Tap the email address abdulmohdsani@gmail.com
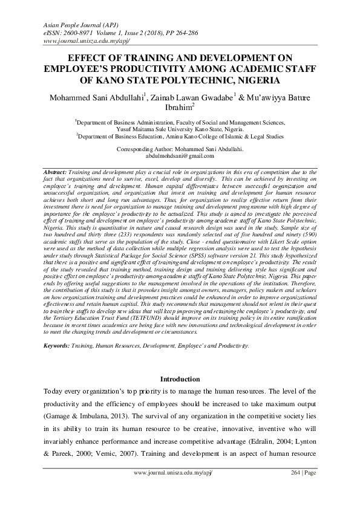pyautogui.click(x=180, y=155)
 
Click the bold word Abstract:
pyautogui.click(x=56, y=172)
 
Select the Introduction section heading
pyautogui.click(x=180, y=379)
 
